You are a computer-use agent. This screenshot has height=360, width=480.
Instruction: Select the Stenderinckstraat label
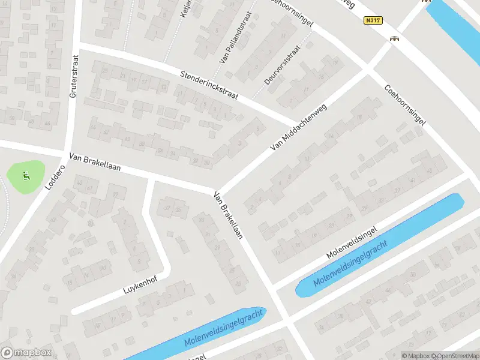(209, 88)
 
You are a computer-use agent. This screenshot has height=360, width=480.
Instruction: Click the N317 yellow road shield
(373, 20)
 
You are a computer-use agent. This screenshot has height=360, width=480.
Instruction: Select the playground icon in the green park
(26, 176)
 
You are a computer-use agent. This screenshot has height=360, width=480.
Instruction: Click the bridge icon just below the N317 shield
(395, 39)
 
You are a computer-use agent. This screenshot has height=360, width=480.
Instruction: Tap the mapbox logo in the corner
(26, 353)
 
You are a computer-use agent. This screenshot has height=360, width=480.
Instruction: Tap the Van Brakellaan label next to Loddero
(95, 162)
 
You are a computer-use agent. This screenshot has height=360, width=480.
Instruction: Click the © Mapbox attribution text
(416, 356)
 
